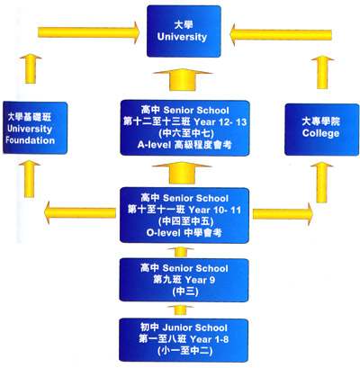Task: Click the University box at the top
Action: pos(184,31)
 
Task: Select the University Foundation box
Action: pos(35,128)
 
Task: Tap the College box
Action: pos(321,130)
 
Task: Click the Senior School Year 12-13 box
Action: pos(184,128)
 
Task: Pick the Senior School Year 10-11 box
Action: pos(184,215)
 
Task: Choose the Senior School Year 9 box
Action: pos(184,280)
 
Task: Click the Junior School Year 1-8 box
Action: pos(184,339)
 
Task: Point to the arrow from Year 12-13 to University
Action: pos(183,80)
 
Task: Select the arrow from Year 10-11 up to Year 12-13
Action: pos(183,173)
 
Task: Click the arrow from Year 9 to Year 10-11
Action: pos(181,252)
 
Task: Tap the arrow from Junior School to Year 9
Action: pos(180,310)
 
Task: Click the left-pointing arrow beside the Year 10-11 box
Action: pos(79,212)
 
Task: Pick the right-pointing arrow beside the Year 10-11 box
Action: pos(283,214)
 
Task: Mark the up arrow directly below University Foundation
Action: pos(30,179)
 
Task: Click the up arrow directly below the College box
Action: pos(321,183)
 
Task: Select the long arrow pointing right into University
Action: pos(89,32)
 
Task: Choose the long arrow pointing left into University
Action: pos(281,35)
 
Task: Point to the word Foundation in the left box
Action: pos(30,140)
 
